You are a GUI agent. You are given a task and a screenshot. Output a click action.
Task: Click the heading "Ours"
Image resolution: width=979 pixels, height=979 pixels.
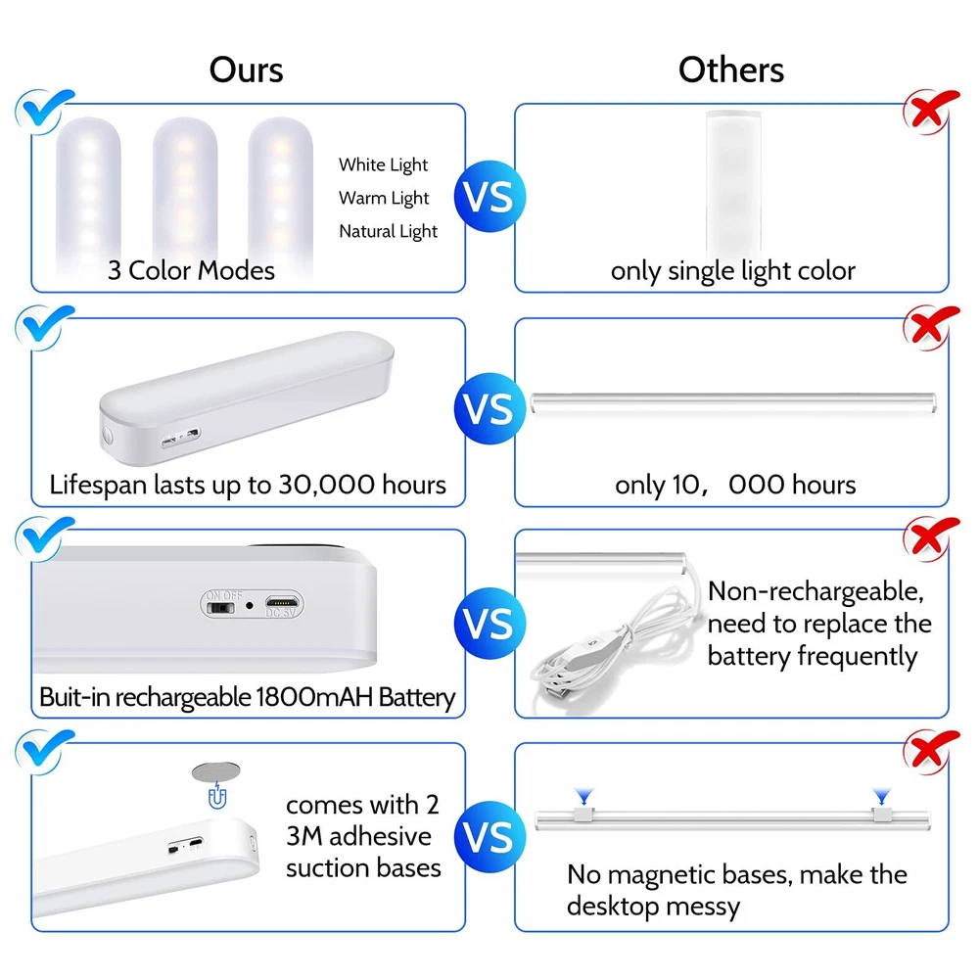click(x=246, y=70)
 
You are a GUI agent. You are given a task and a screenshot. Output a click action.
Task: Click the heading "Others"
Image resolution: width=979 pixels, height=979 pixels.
click(x=731, y=70)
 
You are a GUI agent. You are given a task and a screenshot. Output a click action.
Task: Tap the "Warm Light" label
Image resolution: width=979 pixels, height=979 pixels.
click(x=384, y=198)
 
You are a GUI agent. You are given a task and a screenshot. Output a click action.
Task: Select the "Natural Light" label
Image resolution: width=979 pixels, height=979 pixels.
click(x=388, y=231)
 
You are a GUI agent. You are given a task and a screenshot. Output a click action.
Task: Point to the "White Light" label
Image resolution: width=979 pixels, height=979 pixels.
click(x=384, y=164)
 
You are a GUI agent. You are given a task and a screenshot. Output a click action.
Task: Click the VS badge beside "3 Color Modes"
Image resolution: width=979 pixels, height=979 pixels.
click(x=489, y=197)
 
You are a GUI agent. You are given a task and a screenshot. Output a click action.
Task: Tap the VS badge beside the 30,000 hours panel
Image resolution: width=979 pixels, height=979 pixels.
click(x=489, y=409)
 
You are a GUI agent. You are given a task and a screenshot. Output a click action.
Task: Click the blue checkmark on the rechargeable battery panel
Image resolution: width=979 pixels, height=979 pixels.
click(x=44, y=538)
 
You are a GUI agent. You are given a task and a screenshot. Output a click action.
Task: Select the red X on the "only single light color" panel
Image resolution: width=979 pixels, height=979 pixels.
click(x=930, y=112)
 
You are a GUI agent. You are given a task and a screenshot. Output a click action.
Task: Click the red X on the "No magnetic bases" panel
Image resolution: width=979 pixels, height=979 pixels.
click(x=930, y=751)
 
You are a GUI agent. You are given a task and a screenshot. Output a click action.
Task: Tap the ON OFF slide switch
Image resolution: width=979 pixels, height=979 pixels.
click(x=220, y=608)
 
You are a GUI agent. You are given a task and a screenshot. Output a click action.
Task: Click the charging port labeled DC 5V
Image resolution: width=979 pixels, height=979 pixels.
click(x=282, y=602)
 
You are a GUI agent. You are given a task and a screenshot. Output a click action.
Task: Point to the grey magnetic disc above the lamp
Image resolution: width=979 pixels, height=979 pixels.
click(x=216, y=771)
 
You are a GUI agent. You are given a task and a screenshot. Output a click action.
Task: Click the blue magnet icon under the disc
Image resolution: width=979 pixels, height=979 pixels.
click(x=217, y=796)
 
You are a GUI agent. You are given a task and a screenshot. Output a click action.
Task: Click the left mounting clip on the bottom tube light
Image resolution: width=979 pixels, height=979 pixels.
click(x=583, y=815)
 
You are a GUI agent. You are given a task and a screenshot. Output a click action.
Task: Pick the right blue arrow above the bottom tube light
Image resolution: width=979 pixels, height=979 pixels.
click(x=882, y=796)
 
